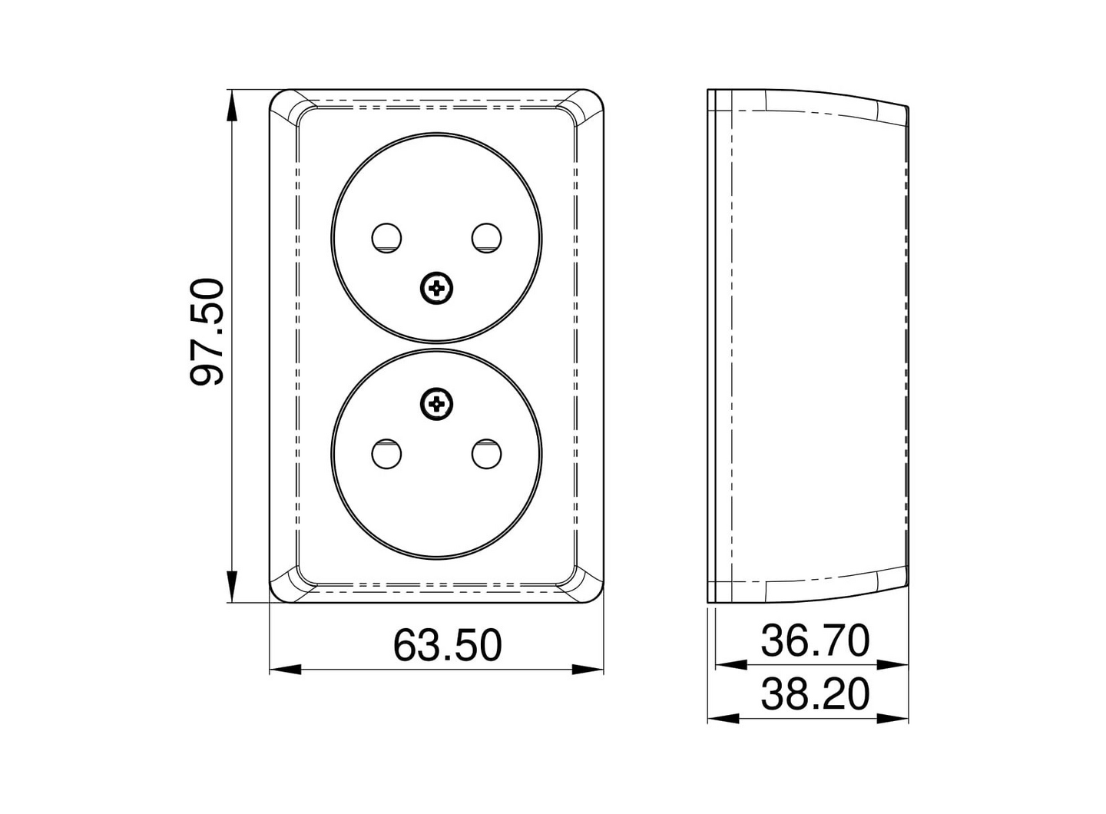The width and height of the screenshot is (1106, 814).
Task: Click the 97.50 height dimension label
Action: [207, 332]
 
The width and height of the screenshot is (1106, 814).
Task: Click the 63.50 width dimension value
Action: [447, 644]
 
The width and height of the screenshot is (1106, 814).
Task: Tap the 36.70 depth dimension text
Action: [815, 640]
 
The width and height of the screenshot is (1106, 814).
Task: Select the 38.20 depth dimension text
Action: [815, 693]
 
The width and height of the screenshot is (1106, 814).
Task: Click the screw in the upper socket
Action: [437, 289]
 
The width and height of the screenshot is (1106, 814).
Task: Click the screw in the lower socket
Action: [437, 403]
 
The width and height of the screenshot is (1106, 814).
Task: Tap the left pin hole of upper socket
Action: [386, 237]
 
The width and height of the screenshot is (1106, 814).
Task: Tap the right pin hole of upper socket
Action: [486, 237]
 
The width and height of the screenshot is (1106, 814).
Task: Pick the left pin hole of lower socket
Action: [386, 454]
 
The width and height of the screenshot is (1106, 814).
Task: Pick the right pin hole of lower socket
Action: [486, 454]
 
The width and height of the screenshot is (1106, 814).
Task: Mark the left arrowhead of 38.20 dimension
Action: [723, 718]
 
